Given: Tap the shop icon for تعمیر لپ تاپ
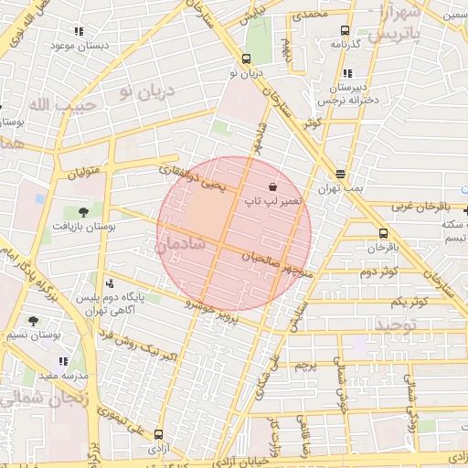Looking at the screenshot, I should point(274,186).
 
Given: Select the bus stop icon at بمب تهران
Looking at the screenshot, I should point(341,174).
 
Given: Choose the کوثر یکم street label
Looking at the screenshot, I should point(408,301).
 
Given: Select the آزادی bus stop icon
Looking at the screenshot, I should point(160,435).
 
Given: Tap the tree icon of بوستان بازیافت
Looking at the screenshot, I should point(84,212).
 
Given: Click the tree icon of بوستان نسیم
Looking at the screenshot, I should point(34,321).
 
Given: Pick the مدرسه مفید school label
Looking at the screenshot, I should point(61,376).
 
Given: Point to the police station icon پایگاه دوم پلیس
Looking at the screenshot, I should point(111,283).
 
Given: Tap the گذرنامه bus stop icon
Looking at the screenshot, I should point(345,30).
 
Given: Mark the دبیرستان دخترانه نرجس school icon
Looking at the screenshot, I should point(346,74).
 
